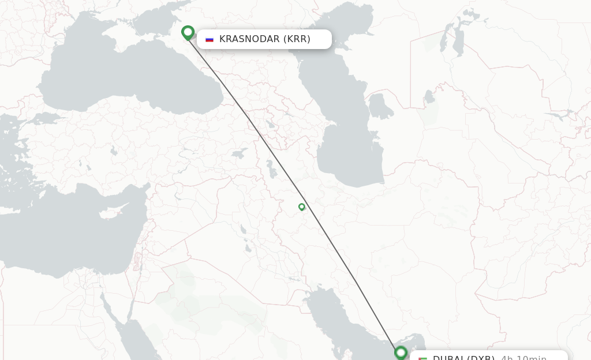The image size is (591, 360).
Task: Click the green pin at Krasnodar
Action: [x=188, y=32]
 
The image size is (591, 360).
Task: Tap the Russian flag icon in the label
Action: [x=210, y=39]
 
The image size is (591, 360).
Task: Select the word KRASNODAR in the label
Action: [x=249, y=39]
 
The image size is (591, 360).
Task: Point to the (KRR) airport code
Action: [x=297, y=39]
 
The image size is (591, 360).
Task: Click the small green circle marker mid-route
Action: [x=301, y=207]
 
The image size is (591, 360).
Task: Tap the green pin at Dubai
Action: [x=401, y=352]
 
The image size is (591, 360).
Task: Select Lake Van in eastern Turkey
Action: [x=239, y=154]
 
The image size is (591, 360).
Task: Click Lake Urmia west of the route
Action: [x=270, y=169]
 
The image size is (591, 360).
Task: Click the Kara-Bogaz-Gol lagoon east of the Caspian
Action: [x=380, y=106]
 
